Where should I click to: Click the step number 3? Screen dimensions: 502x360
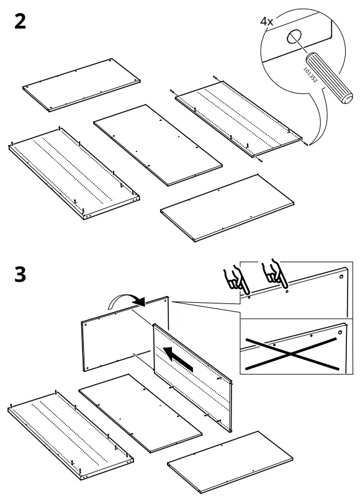point(20,274)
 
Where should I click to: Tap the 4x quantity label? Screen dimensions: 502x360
point(267,21)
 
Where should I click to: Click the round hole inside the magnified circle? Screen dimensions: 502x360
point(294,38)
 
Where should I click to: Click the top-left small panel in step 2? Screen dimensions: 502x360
point(81,84)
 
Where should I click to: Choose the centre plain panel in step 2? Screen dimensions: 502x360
point(158,144)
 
